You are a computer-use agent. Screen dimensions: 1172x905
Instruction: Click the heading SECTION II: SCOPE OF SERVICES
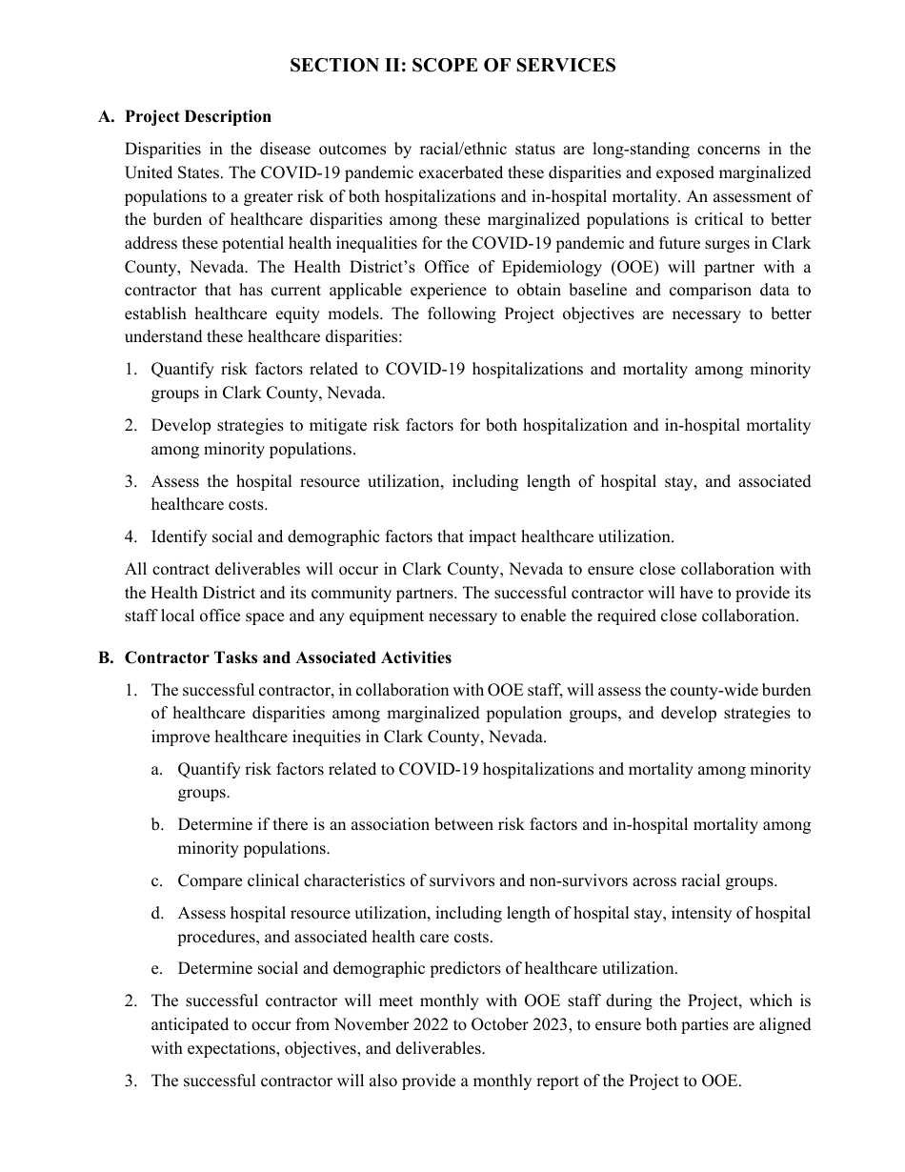coord(452,66)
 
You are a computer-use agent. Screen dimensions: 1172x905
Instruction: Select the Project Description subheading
coord(198,116)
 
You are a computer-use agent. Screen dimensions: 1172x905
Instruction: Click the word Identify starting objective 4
coord(180,536)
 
